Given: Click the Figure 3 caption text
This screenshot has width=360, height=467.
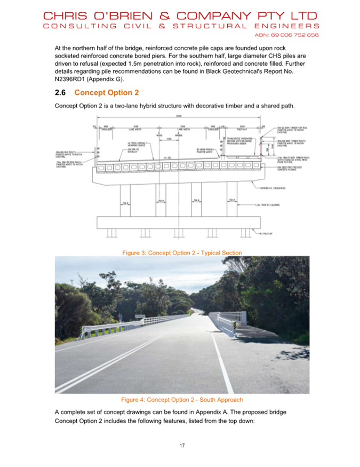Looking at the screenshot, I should pyautogui.click(x=182, y=252).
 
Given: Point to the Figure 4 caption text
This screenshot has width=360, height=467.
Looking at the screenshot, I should pyautogui.click(x=182, y=399).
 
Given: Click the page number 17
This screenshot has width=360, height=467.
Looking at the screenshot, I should pyautogui.click(x=182, y=445).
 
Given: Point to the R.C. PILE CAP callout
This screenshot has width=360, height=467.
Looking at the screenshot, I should pyautogui.click(x=267, y=234).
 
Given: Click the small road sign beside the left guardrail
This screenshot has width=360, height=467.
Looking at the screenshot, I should pyautogui.click(x=140, y=316).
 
